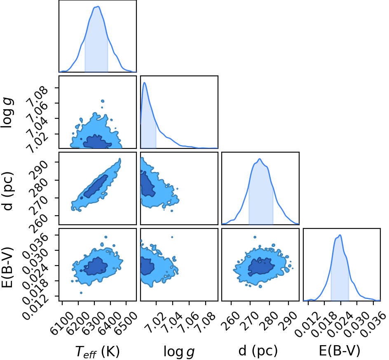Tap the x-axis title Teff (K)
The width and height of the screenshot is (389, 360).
coord(98,352)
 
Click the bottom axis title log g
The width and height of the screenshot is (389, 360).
coord(179,352)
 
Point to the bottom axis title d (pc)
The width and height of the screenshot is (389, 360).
coord(258,351)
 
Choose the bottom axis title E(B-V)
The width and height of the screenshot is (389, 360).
coord(340,351)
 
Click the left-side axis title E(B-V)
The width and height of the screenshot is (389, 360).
coord(7,267)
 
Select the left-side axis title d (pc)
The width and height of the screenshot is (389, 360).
coord(8,191)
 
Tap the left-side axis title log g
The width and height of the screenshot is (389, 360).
coord(7,113)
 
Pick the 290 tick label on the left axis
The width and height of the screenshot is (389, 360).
coord(39,169)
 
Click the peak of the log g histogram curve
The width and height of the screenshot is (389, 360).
coord(144,82)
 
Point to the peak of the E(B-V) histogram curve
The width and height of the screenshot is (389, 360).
coord(340,235)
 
